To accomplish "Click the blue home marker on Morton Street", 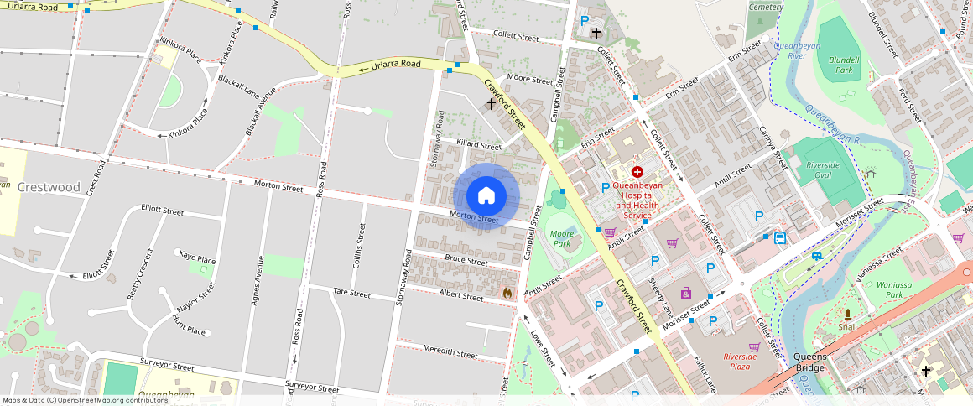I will pyautogui.click(x=486, y=196).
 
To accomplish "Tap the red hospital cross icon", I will pyautogui.click(x=637, y=171).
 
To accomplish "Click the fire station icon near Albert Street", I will pyautogui.click(x=507, y=293).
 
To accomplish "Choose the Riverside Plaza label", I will pyautogui.click(x=740, y=361).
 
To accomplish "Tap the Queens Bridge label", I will pyautogui.click(x=810, y=362).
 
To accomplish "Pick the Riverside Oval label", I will pyautogui.click(x=823, y=170).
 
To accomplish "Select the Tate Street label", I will pyautogui.click(x=351, y=293).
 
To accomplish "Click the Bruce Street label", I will pyautogui.click(x=466, y=261).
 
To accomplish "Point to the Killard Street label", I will pyautogui.click(x=478, y=146).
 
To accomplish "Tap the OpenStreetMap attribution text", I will pyautogui.click(x=86, y=400).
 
